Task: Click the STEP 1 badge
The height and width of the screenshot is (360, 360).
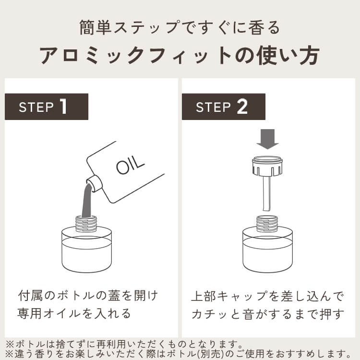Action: [x=47, y=107]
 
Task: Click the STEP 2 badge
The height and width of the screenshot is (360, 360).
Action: [x=223, y=107]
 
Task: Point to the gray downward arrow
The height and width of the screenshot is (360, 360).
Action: [x=267, y=138]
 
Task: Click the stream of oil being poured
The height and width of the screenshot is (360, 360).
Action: [x=87, y=199]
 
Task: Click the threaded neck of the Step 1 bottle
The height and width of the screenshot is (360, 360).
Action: [x=87, y=222]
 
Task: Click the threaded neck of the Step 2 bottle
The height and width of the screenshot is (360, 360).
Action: [x=267, y=222]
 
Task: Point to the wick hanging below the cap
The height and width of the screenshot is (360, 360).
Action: [x=267, y=194]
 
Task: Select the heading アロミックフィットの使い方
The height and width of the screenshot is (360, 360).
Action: [x=180, y=56]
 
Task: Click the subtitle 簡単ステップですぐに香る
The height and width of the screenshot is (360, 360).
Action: [x=180, y=27]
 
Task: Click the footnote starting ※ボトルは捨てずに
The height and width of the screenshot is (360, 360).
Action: [x=123, y=344]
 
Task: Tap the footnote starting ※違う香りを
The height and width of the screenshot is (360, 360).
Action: [x=178, y=354]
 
